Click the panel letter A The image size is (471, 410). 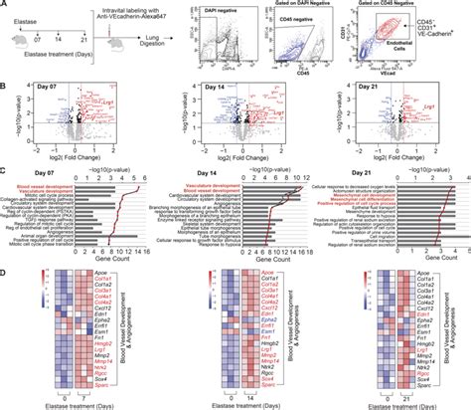(x=5, y=5)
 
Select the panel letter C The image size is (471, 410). (x=5, y=175)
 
